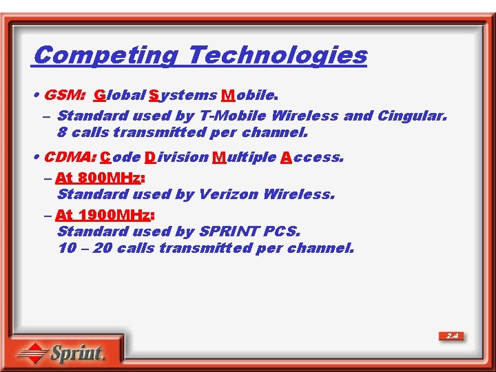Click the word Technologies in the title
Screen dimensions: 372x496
point(277,54)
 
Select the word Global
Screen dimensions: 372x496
point(119,95)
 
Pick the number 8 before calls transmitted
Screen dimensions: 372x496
point(62,132)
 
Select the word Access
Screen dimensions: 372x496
point(311,157)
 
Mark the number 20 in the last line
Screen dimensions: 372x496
point(102,248)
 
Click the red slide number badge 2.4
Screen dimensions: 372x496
point(452,336)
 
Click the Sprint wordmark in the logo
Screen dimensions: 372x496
point(77,353)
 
